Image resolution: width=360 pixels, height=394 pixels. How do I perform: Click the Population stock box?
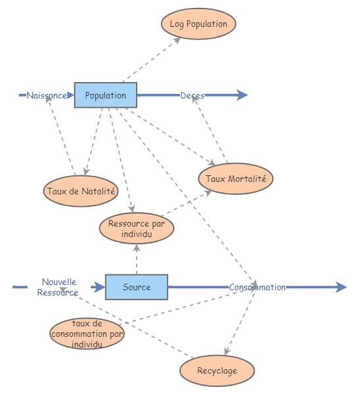point(105,95)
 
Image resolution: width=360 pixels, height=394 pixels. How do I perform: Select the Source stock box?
point(137,287)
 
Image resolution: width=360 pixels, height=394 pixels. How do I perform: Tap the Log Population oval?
point(198,24)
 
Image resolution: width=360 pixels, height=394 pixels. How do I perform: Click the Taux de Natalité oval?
point(81,192)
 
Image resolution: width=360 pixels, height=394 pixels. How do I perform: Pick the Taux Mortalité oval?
point(235,179)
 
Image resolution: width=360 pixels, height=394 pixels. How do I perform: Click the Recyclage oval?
point(217,371)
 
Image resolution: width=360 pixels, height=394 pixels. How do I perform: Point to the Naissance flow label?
point(46,95)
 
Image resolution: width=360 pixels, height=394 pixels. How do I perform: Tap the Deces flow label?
point(192,95)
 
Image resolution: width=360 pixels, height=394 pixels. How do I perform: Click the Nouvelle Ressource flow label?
point(59,287)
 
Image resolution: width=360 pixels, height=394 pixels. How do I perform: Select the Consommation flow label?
point(257,287)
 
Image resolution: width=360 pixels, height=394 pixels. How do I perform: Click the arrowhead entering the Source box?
point(99,287)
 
